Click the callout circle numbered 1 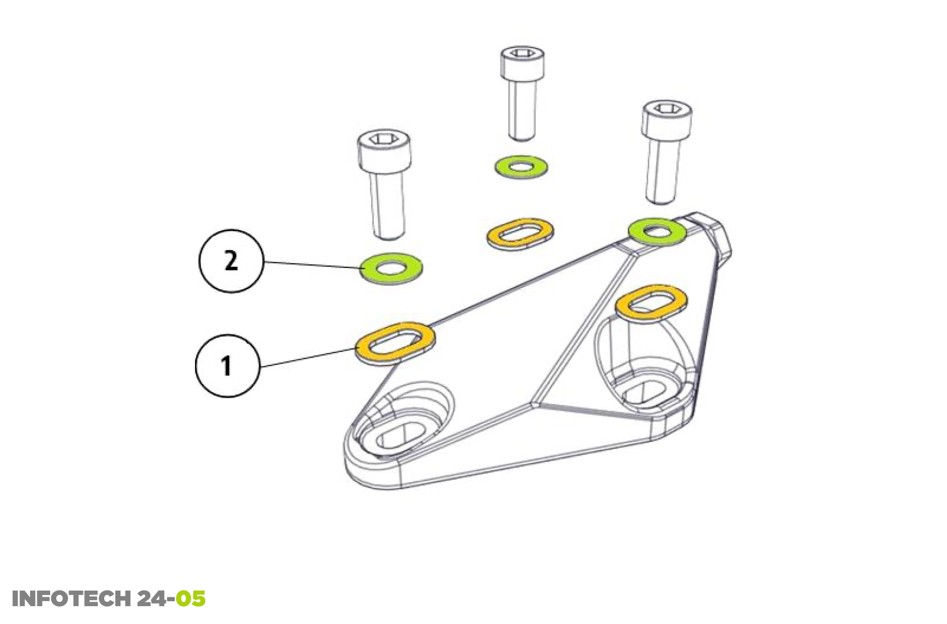click(x=227, y=365)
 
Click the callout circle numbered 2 click(x=231, y=261)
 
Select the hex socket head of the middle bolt click(x=522, y=61)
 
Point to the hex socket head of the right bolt click(x=667, y=118)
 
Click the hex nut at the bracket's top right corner click(x=710, y=234)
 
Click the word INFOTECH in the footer click(x=71, y=599)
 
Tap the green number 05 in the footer click(x=191, y=599)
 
